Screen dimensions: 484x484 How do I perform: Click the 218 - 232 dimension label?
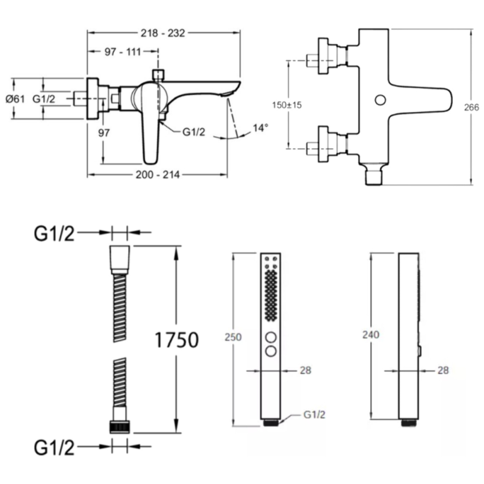[163, 33]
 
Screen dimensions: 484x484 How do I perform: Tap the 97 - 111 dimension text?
[123, 52]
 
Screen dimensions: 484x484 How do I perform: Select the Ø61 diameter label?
[15, 99]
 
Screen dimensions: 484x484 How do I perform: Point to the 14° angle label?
[260, 128]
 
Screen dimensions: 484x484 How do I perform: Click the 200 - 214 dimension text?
[157, 175]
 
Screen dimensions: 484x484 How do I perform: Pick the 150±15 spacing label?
[287, 105]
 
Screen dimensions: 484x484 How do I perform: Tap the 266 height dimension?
[471, 107]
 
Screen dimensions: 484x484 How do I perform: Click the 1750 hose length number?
[177, 340]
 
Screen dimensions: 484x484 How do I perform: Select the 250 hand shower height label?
[233, 337]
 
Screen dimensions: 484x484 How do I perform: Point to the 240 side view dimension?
[371, 335]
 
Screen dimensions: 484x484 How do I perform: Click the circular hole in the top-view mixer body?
[380, 100]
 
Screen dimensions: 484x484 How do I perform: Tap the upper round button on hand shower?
[271, 337]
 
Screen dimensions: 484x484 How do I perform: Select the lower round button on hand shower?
[271, 351]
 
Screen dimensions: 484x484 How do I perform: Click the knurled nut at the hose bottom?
[120, 427]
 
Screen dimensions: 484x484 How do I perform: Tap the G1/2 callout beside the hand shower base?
[314, 414]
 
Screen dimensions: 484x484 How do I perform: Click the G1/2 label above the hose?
[54, 234]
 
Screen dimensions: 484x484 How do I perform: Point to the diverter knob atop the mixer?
[158, 75]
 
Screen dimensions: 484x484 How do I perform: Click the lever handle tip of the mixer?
[150, 159]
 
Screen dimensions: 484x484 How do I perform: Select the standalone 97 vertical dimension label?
[104, 133]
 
